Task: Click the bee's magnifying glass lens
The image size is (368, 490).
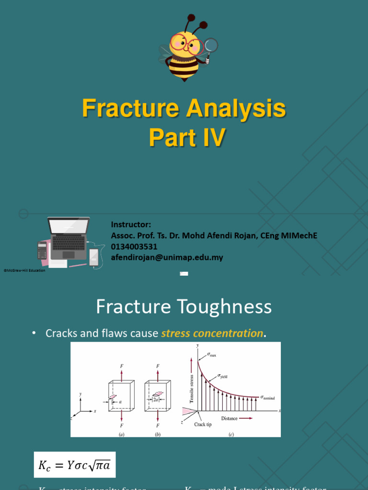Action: [211, 45]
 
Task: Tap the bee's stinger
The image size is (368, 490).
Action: [184, 79]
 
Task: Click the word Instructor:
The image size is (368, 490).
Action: [131, 224]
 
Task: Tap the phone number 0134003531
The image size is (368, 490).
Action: [134, 246]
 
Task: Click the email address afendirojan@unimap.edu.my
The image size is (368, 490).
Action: [167, 257]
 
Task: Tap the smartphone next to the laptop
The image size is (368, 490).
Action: [94, 257]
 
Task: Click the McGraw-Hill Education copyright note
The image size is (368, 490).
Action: [24, 270]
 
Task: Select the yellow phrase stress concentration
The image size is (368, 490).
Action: [212, 334]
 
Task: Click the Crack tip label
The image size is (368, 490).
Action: [203, 424]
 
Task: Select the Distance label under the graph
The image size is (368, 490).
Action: [230, 418]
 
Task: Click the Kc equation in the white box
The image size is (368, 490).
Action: [74, 464]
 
